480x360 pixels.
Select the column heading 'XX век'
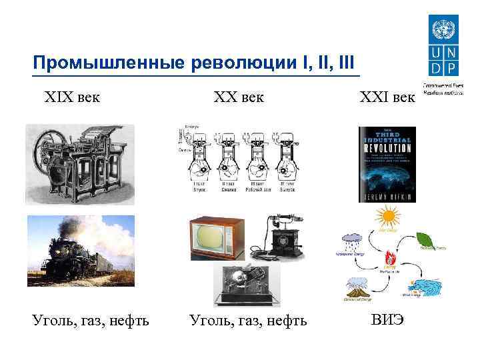pos(238,97)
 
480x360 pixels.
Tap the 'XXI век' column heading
pos(386,97)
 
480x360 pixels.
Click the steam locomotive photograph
pos(80,249)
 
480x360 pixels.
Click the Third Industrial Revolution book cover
pos(387,164)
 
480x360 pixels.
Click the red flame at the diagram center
pos(387,257)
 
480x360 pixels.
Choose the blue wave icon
pos(424,285)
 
